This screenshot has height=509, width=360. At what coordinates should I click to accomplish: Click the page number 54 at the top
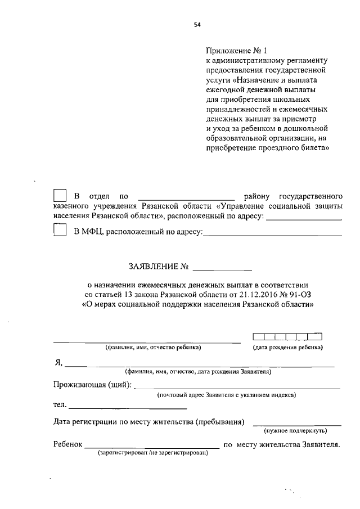pos(197,24)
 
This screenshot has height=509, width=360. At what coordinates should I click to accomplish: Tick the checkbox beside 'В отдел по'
pos(60,196)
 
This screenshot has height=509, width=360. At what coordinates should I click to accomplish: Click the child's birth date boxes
pos(287,337)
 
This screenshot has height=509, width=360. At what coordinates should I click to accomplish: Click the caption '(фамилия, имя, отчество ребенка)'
pos(154,348)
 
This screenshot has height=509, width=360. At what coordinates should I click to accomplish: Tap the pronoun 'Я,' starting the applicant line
pos(58,363)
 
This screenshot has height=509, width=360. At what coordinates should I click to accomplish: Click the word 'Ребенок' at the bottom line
pos(68,444)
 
